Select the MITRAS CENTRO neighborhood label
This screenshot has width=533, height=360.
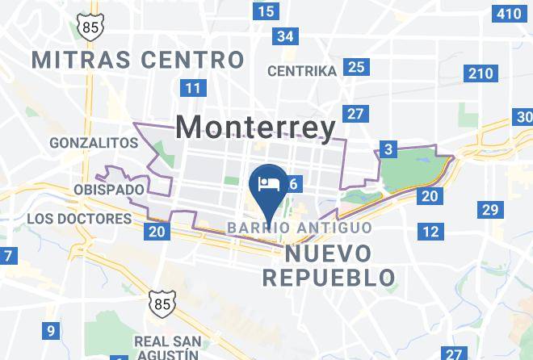(x=136, y=59)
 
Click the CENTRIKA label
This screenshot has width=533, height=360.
(x=301, y=71)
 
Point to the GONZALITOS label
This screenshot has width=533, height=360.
(x=94, y=142)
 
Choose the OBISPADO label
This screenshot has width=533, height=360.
(x=107, y=190)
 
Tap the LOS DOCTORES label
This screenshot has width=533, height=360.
(x=78, y=219)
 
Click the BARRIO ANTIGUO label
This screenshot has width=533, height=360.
(x=299, y=228)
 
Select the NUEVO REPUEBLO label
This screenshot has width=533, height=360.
(x=329, y=266)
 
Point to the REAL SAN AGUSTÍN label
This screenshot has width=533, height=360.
(x=166, y=347)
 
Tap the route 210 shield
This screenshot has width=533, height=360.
(x=479, y=74)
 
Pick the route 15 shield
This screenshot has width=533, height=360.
(x=265, y=11)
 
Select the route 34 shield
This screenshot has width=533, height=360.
(x=284, y=36)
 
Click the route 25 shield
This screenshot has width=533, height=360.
(x=355, y=67)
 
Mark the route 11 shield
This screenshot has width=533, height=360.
(x=192, y=88)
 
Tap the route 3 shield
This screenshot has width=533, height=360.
(x=388, y=149)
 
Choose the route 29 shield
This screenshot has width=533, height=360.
(x=489, y=210)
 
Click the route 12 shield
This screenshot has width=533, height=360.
(x=430, y=232)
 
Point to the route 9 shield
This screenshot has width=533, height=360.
(x=50, y=330)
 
